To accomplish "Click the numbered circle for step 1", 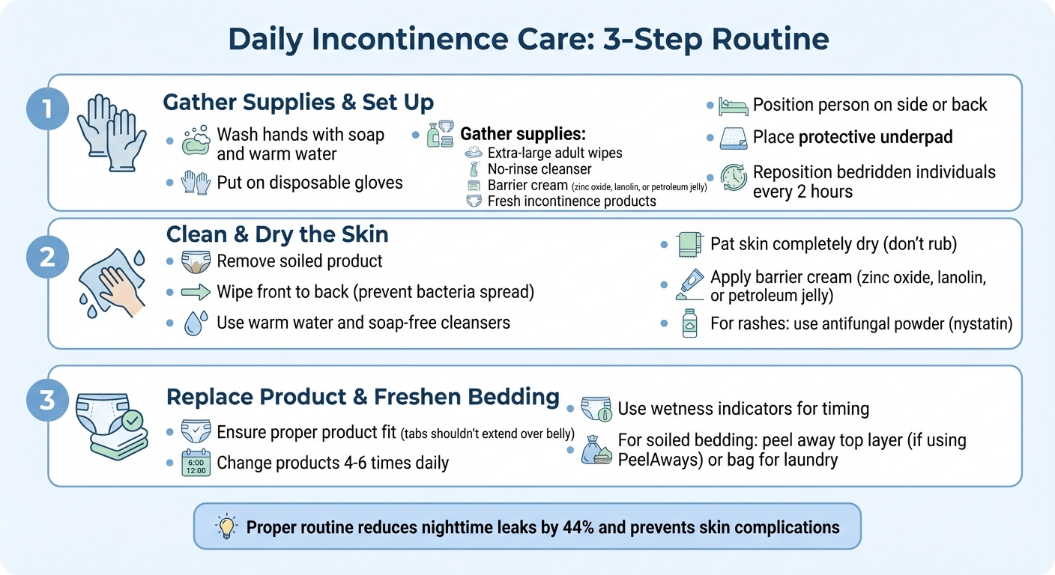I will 46,110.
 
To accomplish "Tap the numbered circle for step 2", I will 46,257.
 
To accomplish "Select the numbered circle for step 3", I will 46,400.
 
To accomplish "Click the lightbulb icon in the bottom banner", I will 226,527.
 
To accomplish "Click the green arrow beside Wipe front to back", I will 195,292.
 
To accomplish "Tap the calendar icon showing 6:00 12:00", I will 196,463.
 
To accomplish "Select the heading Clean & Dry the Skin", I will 277,234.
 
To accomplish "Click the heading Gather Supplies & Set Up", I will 298,102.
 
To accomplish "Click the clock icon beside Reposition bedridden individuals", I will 733,177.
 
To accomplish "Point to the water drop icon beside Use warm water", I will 194,323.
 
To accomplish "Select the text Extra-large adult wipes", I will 554,153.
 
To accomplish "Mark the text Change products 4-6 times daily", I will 333,463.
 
